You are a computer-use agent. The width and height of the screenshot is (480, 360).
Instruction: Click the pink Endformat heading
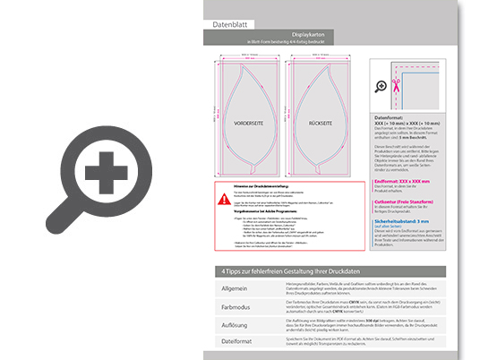(407, 180)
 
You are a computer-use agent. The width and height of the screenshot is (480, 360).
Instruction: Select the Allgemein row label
(235, 288)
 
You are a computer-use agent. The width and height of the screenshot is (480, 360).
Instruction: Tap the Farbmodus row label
(235, 305)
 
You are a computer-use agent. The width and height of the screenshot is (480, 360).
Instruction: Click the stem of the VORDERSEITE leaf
(248, 169)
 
